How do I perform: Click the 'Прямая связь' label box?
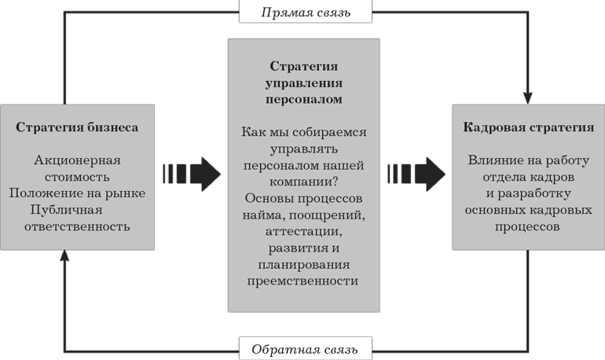[x=306, y=12]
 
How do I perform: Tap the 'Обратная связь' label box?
[x=306, y=348]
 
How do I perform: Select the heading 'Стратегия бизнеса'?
[x=77, y=127]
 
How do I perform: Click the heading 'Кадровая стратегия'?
[x=529, y=127]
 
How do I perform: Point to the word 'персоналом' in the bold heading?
[x=304, y=100]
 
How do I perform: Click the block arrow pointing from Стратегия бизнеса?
[x=192, y=174]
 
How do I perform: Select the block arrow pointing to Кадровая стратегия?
[x=416, y=174]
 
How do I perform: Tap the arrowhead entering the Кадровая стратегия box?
[x=528, y=98]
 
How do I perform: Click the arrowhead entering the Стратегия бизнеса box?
[x=64, y=255]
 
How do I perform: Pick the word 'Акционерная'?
[x=77, y=160]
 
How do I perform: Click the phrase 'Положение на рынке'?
[x=77, y=193]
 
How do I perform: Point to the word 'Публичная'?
[x=66, y=210]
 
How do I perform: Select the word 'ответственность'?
[x=77, y=226]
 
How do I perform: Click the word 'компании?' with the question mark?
[x=303, y=182]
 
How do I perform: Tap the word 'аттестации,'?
[x=303, y=232]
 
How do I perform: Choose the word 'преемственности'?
[x=302, y=281]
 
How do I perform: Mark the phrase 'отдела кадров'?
[x=529, y=177]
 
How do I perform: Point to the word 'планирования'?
[x=303, y=265]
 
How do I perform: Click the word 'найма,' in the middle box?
[x=264, y=215]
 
